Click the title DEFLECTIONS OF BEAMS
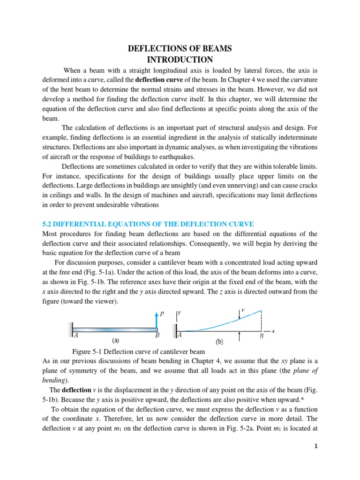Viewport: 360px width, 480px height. click(x=180, y=49)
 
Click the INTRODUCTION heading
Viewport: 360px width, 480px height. click(x=180, y=60)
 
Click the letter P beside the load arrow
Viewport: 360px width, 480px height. click(x=162, y=314)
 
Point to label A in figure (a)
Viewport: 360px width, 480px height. click(x=76, y=336)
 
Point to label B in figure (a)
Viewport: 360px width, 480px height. click(x=157, y=336)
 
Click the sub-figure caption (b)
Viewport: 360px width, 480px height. click(x=219, y=342)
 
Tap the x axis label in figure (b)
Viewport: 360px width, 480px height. click(x=273, y=331)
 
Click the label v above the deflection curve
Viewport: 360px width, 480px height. click(x=242, y=310)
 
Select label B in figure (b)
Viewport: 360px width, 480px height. click(x=262, y=336)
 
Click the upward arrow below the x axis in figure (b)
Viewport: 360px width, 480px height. click(x=240, y=336)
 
